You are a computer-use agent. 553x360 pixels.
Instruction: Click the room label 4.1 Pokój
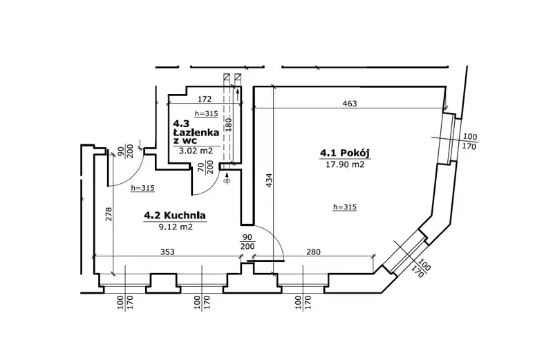tap(344, 153)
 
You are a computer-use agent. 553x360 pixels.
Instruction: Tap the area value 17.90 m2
tap(344, 164)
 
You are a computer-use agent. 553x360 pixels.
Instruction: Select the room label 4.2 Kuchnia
tap(175, 215)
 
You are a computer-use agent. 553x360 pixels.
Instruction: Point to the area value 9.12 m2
tap(176, 227)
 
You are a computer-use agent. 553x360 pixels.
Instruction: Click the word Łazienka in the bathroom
tap(196, 133)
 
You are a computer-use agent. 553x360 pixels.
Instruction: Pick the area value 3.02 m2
tap(196, 151)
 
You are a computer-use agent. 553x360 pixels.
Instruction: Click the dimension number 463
tap(350, 104)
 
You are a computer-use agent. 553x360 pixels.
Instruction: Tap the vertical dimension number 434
tap(269, 180)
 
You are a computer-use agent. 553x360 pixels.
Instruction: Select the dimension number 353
tap(167, 252)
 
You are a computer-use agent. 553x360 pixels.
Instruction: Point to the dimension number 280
tap(313, 252)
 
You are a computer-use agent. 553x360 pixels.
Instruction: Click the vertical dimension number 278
tap(109, 214)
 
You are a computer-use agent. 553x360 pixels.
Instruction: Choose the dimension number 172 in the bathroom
tap(204, 99)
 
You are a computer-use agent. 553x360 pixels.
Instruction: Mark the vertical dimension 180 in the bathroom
tap(228, 124)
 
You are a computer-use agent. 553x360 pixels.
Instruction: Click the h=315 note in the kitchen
tap(143, 188)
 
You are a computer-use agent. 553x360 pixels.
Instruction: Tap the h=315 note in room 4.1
tap(345, 207)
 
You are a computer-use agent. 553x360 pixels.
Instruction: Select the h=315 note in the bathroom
tap(206, 113)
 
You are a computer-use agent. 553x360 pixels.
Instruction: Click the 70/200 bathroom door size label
tap(205, 167)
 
